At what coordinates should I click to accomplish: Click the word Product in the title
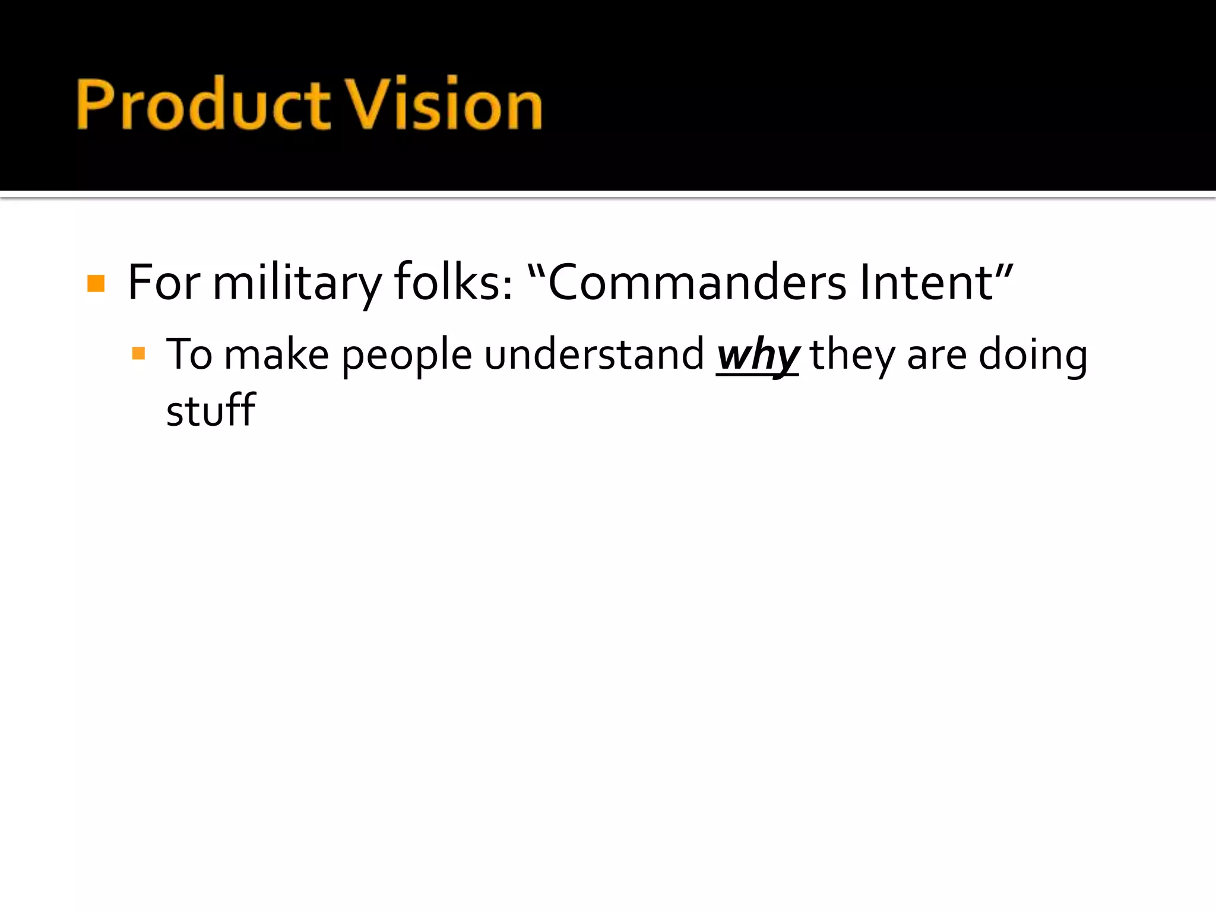tap(202, 104)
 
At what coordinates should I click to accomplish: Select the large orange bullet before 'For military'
tap(96, 283)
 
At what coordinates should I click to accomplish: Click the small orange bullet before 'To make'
tap(138, 354)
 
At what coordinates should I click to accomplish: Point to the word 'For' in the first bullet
tap(163, 283)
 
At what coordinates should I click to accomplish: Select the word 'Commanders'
tap(696, 283)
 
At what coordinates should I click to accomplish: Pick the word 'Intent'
tap(926, 283)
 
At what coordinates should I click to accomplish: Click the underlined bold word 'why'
tap(758, 355)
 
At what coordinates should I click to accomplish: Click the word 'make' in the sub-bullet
tap(277, 355)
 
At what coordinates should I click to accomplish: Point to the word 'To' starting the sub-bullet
tap(189, 355)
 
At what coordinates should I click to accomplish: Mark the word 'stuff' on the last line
tap(210, 410)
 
